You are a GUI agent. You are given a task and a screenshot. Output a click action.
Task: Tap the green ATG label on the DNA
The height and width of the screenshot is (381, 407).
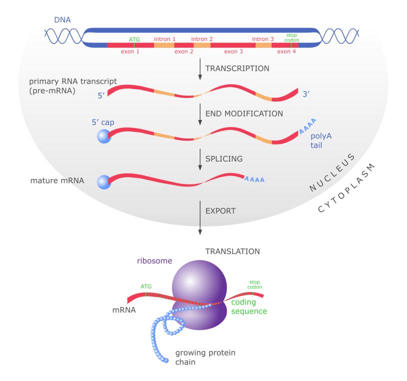[135, 38]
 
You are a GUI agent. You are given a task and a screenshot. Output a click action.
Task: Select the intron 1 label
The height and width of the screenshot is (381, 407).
[164, 38]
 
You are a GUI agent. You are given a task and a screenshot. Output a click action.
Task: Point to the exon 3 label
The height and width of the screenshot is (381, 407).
[233, 51]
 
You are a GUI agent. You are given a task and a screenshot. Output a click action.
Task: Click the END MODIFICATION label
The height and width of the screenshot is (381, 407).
[244, 113]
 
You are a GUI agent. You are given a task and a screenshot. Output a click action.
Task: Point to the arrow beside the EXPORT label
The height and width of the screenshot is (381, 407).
[200, 215]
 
